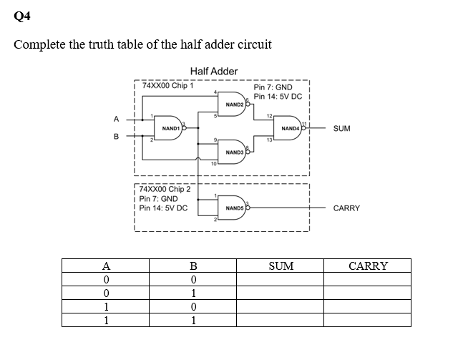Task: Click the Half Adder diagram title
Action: coord(214,71)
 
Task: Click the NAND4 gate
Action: coord(291,127)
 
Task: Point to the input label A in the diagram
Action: coord(114,119)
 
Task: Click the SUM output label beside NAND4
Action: coord(342,128)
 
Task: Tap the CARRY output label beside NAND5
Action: coord(346,208)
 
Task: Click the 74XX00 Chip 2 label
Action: coord(165,190)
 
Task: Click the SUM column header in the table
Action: coord(281,266)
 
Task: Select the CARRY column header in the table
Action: coord(367,266)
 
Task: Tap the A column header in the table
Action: coord(105,266)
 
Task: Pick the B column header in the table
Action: coord(193,266)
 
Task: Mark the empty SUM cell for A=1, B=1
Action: coord(281,320)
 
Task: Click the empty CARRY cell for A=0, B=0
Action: coord(367,279)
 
